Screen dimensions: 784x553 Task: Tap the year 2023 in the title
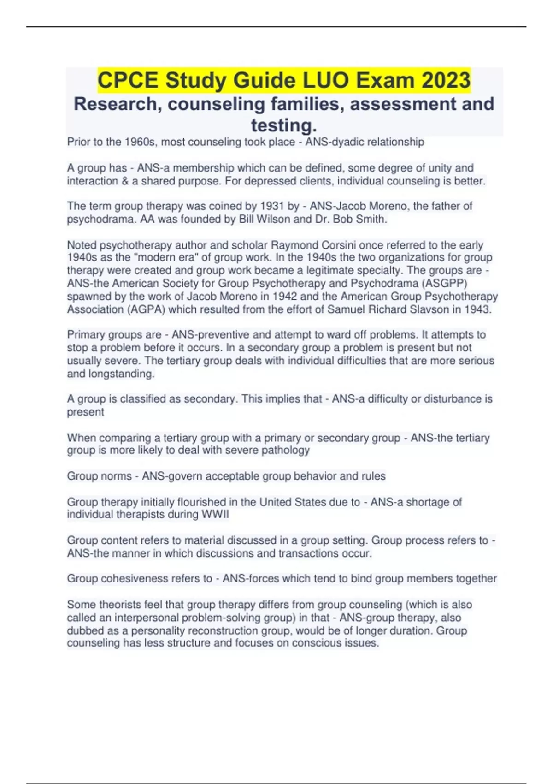coord(445,80)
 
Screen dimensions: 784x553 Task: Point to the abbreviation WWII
coord(215,515)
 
